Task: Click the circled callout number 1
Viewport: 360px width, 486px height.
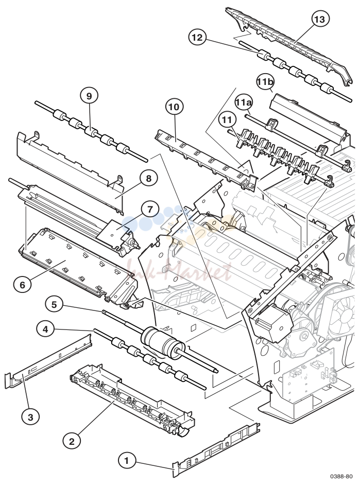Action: (x=127, y=461)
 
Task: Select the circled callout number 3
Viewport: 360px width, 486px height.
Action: (x=30, y=417)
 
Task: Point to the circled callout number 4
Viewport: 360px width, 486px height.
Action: (x=46, y=329)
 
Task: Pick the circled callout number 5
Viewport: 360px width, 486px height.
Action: (x=54, y=305)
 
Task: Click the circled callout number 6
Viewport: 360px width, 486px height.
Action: (x=22, y=285)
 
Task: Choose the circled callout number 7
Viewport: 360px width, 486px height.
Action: (x=150, y=210)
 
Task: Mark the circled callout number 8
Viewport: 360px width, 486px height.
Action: (x=149, y=179)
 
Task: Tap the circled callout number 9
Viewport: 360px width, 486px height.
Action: (x=89, y=96)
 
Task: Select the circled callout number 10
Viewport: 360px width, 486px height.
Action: (x=174, y=107)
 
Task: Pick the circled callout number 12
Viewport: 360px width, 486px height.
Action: (x=197, y=38)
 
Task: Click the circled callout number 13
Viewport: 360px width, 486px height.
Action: (x=320, y=19)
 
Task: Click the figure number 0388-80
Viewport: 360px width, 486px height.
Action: (x=341, y=476)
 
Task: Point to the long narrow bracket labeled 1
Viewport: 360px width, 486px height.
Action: (x=216, y=449)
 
